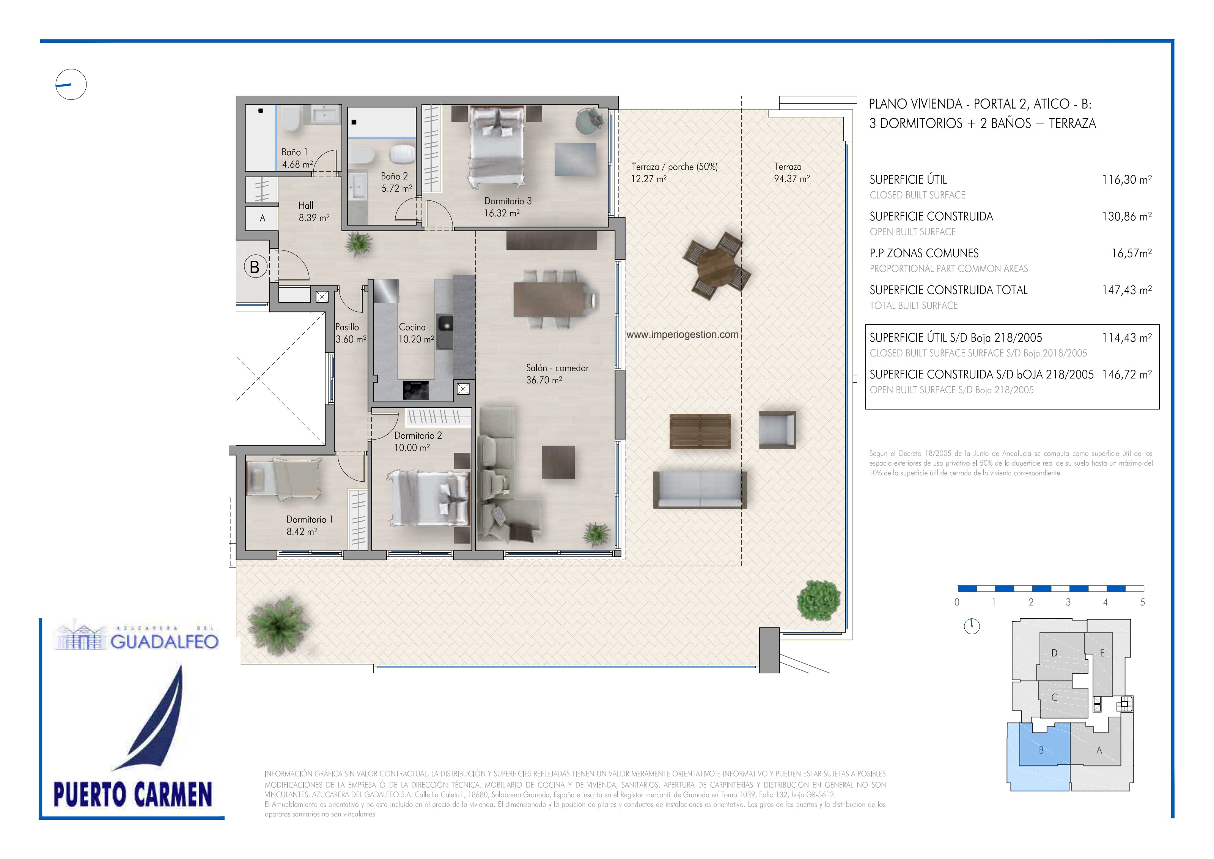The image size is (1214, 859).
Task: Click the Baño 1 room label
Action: click(x=294, y=152)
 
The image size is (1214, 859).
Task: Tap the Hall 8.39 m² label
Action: click(x=314, y=211)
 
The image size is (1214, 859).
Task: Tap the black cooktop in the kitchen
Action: click(x=415, y=390)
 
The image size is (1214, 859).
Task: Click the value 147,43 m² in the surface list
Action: click(x=1127, y=290)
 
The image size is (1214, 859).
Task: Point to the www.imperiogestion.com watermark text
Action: click(x=682, y=334)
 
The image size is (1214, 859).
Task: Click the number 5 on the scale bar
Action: click(x=1143, y=602)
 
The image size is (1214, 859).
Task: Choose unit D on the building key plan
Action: click(x=1054, y=653)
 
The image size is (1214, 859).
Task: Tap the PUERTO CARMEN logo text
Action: click(x=133, y=794)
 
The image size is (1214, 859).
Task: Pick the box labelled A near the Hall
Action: click(x=262, y=218)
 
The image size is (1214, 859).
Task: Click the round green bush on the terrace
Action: click(x=818, y=601)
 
